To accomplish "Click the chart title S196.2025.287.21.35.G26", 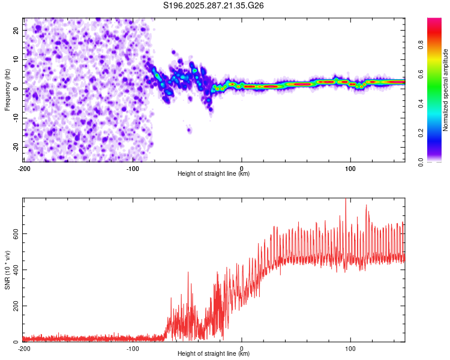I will pos(214,7).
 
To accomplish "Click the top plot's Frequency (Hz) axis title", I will pos(7,90).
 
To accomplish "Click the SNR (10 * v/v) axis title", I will pos(7,270).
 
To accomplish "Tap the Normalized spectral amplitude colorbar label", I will pos(446,90).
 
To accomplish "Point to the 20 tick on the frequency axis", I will pos(16,30).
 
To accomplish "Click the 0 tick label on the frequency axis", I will pos(18,89).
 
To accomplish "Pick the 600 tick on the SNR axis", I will pos(14,233).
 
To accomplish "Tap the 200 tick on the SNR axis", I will pos(14,306).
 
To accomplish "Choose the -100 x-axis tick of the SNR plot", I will pos(133,348).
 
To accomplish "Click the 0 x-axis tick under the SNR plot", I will pos(242,348).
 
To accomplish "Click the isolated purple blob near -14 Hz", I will pos(189,130).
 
